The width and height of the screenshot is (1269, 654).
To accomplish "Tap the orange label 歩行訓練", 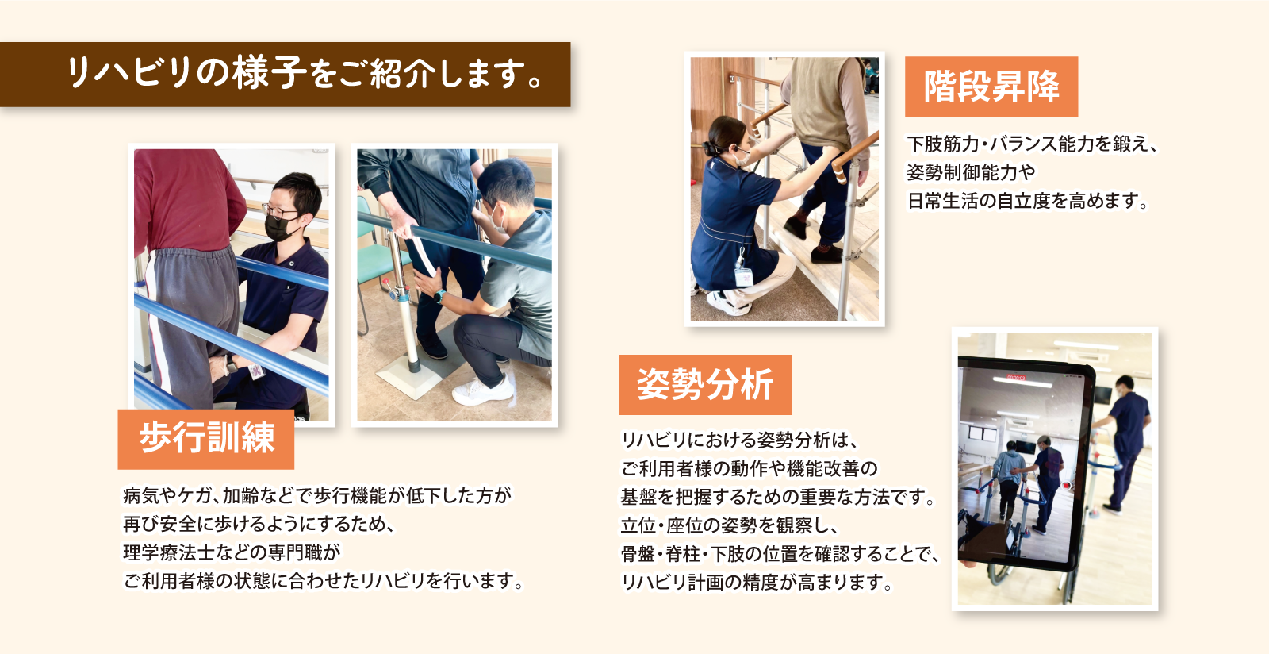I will point(206,438).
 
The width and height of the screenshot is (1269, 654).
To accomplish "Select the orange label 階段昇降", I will point(991,87).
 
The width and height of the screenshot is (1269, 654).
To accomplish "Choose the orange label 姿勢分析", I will point(704,385).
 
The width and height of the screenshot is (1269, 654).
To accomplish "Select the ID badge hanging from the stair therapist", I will point(743,274).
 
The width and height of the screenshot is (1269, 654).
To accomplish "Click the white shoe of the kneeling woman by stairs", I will point(727,302).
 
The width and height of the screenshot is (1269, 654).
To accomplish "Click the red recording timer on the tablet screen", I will point(1016,377).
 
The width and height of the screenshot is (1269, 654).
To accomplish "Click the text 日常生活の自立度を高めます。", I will point(1028,202).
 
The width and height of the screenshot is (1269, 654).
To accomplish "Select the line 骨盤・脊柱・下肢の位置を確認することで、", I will point(779,554).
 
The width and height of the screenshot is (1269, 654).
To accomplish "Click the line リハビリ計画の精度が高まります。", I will point(757,583).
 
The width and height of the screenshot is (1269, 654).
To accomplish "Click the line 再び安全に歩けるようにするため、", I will point(259,524).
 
